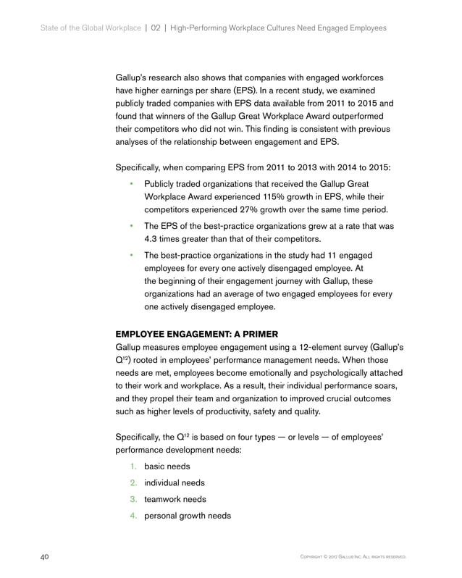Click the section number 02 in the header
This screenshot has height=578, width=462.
[x=154, y=28]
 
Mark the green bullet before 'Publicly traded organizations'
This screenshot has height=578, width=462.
[x=132, y=185]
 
